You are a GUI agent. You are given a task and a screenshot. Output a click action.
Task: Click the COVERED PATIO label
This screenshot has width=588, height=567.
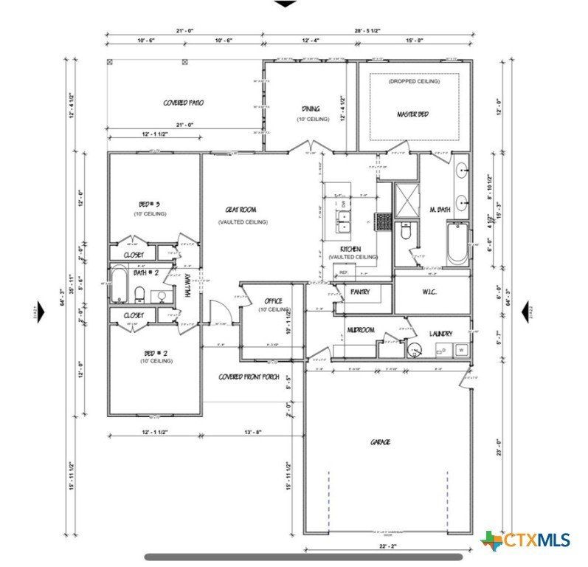183,103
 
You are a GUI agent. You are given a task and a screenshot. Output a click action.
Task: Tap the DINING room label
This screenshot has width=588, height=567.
311,109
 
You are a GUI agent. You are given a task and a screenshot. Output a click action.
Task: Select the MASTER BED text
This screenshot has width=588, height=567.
412,114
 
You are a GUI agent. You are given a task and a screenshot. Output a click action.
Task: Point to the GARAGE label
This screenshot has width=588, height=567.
380,442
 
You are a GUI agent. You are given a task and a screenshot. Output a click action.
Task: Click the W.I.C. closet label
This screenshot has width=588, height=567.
431,292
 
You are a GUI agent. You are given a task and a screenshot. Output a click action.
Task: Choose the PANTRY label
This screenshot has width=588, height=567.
360,292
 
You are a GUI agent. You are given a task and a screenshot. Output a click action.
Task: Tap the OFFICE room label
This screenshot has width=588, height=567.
273,301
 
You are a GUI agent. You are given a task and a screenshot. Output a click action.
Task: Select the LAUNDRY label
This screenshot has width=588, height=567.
440,334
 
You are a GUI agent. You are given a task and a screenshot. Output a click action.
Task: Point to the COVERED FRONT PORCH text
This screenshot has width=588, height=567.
248,377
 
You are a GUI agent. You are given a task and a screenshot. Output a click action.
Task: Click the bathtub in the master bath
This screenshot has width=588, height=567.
457,243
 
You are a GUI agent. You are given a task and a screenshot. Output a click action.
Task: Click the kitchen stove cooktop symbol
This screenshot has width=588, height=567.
383,220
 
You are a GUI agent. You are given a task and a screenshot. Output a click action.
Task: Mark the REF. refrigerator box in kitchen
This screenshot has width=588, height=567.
343,273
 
